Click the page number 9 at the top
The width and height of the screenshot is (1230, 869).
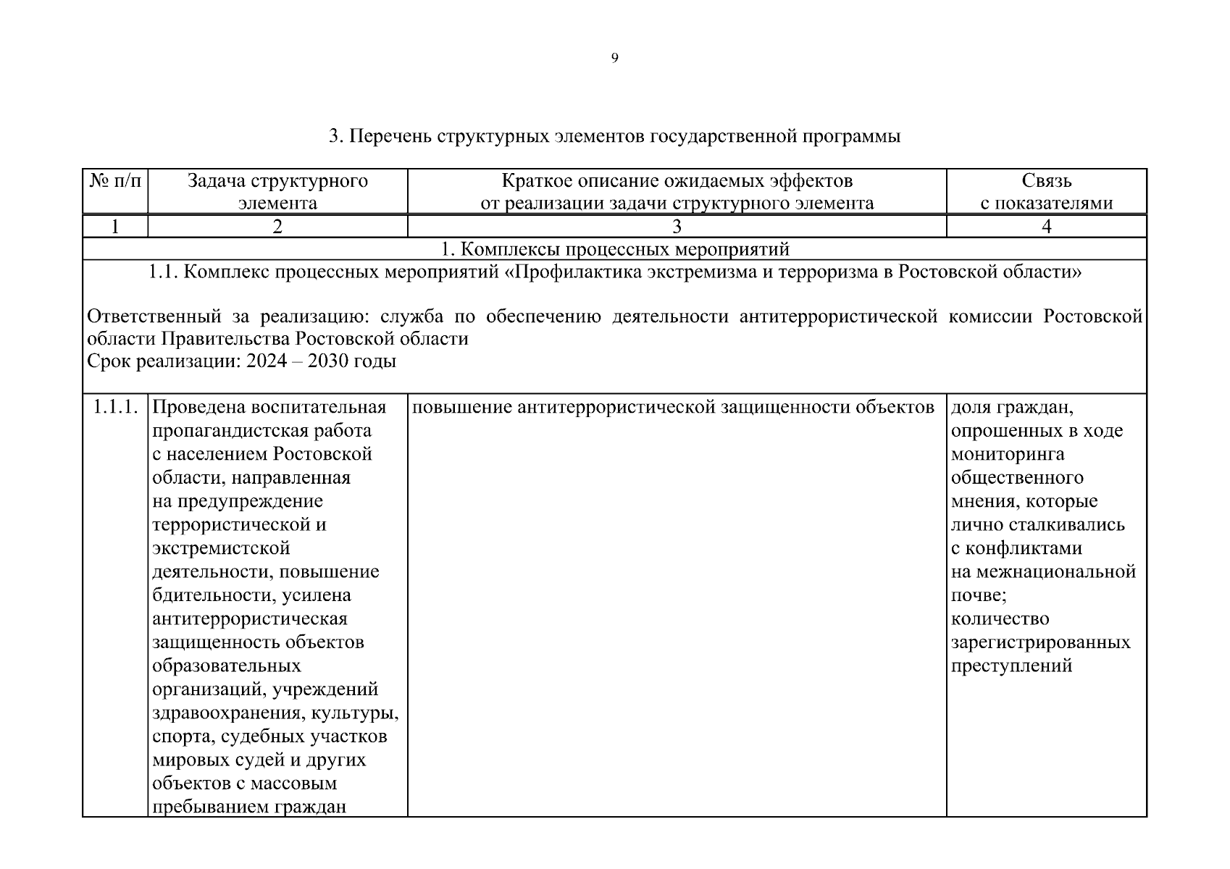614,59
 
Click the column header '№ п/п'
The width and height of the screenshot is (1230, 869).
115,181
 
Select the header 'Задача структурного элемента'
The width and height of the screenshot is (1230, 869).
277,191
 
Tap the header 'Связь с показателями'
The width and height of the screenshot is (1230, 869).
1046,191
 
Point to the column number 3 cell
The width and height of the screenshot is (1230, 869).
677,227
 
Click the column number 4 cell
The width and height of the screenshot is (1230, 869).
1046,227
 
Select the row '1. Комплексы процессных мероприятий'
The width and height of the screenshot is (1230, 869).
614,250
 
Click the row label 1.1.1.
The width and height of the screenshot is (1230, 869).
115,407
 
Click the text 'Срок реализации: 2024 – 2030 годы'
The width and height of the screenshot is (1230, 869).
241,361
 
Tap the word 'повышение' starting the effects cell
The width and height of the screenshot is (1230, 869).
462,408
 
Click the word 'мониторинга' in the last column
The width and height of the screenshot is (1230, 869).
1007,454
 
